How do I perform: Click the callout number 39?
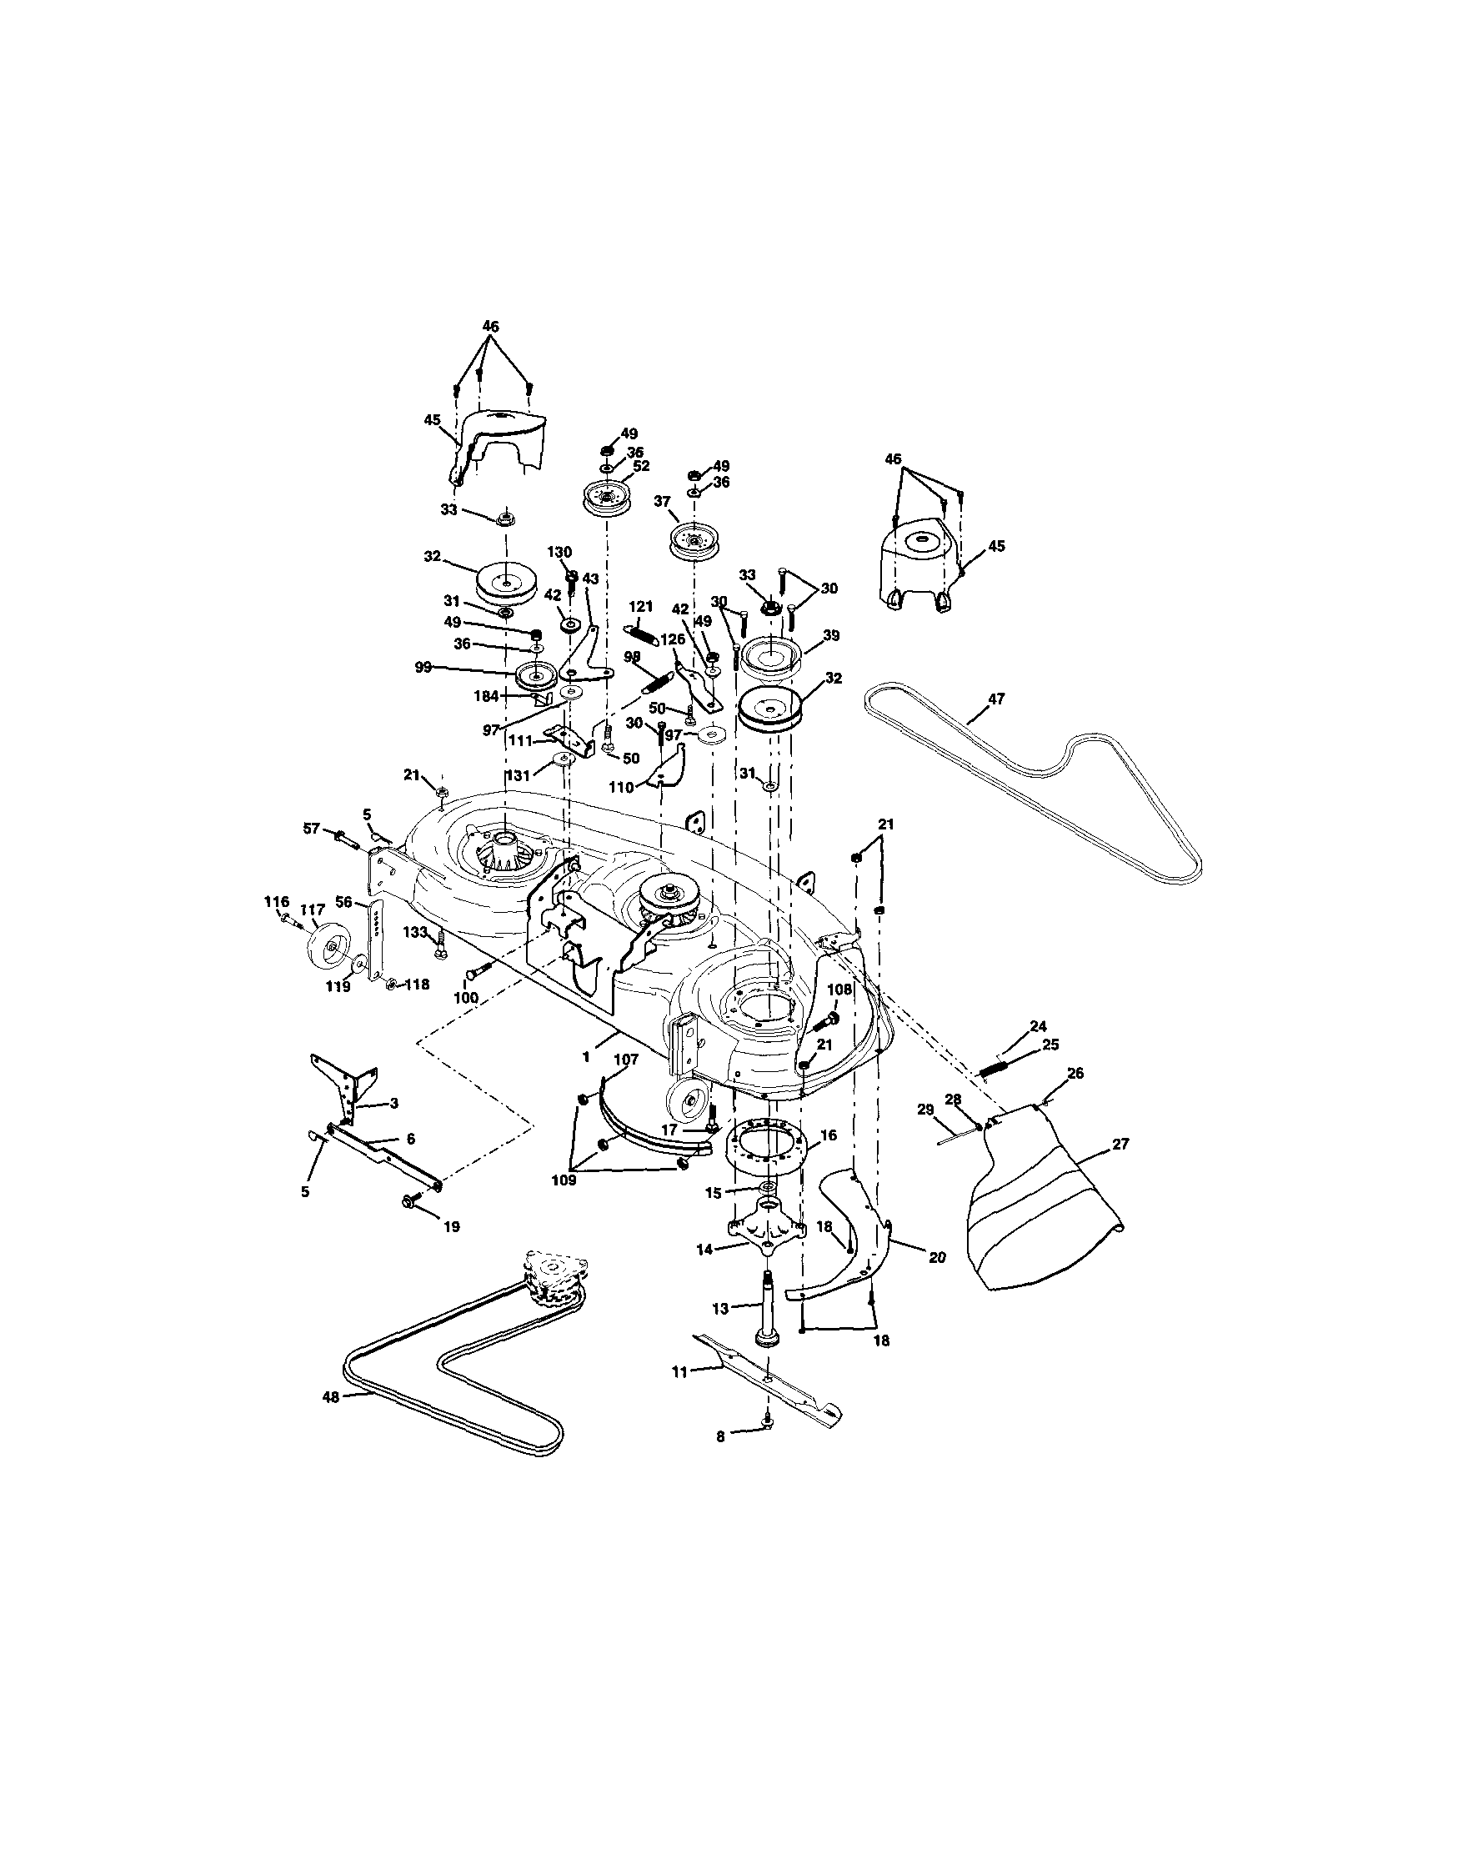[x=831, y=636]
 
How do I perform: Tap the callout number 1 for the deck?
[x=586, y=1058]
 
